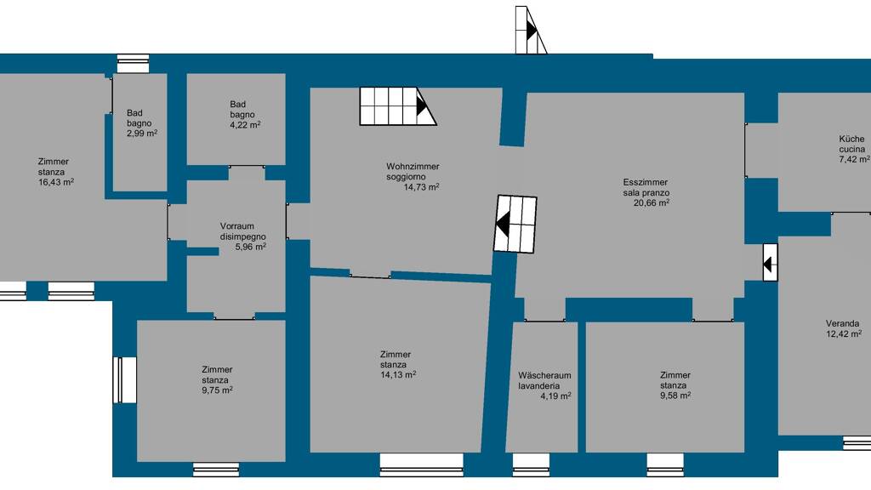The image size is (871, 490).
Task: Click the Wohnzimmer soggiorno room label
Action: click(x=413, y=172)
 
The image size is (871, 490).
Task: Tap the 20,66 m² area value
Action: click(x=651, y=202)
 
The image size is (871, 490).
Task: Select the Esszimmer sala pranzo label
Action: click(x=646, y=187)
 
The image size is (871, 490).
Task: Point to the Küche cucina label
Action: click(x=851, y=144)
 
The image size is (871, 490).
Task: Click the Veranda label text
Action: click(x=842, y=323)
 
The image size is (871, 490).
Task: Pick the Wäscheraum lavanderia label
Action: click(x=544, y=380)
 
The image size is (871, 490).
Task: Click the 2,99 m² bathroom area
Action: click(x=142, y=134)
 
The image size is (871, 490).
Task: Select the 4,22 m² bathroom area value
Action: click(x=245, y=125)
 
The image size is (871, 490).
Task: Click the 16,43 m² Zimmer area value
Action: click(x=56, y=182)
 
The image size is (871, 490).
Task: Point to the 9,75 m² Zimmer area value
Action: click(x=217, y=390)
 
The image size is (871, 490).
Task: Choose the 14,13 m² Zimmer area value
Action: click(x=398, y=374)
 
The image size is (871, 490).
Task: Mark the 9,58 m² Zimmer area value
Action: click(x=675, y=395)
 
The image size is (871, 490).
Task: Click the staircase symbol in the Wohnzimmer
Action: click(x=398, y=106)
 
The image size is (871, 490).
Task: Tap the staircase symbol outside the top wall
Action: click(x=531, y=30)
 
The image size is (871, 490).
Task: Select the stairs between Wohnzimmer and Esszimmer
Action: click(x=515, y=224)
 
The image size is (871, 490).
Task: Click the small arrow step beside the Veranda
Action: click(x=771, y=262)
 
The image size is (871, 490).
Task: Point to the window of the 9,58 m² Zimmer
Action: click(x=665, y=465)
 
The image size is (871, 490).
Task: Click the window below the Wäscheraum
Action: click(x=531, y=465)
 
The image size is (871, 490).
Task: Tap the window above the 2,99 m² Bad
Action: click(x=134, y=63)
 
